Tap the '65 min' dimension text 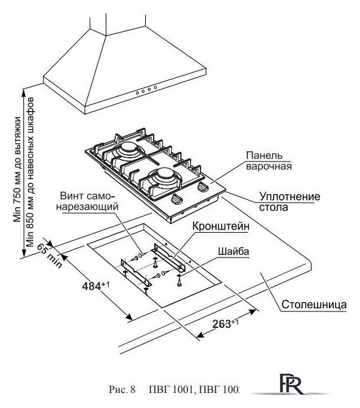(49, 255)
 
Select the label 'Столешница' (314, 304)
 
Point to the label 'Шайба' (234, 252)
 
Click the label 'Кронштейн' (221, 226)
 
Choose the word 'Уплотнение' (290, 196)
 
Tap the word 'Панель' (264, 155)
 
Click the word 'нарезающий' (88, 207)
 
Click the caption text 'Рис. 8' (122, 390)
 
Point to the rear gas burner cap (128, 148)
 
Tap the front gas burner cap (163, 172)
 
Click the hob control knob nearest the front (177, 199)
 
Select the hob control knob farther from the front (203, 187)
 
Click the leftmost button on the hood (137, 93)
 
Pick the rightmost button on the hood (155, 87)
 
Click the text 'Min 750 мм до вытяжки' (18, 169)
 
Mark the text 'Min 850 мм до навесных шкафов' (31, 172)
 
